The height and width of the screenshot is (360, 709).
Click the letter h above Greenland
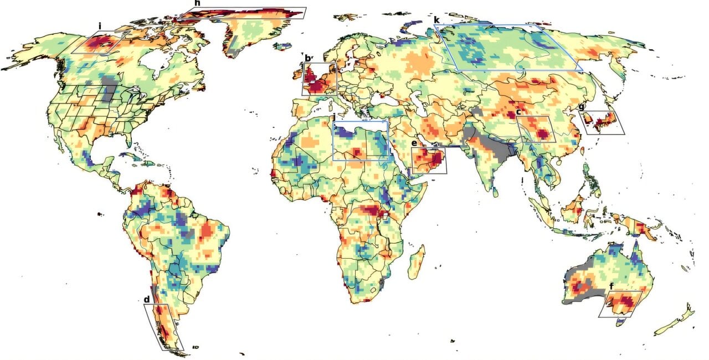pyautogui.click(x=197, y=3)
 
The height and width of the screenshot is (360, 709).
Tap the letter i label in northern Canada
pyautogui.click(x=100, y=26)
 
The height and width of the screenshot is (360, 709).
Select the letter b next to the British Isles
pyautogui.click(x=307, y=58)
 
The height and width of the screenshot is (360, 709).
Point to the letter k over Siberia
pyautogui.click(x=437, y=19)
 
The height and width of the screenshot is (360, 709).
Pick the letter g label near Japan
pyautogui.click(x=581, y=107)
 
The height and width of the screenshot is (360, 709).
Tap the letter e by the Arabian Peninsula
pyautogui.click(x=414, y=143)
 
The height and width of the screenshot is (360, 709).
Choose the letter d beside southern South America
pyautogui.click(x=146, y=300)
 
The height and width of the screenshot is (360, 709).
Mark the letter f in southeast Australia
pyautogui.click(x=611, y=286)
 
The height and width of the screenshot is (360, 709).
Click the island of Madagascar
pyautogui.click(x=417, y=263)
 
